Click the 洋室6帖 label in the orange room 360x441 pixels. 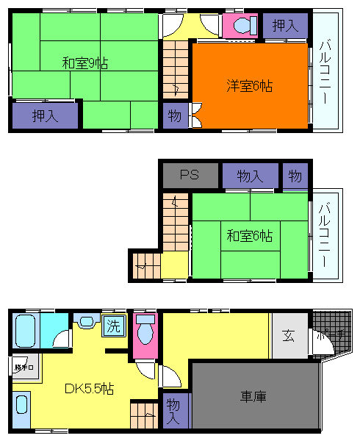click(x=249, y=86)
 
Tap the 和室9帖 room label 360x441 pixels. click(x=84, y=63)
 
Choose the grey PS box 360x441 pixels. click(x=190, y=176)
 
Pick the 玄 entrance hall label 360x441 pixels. click(x=288, y=336)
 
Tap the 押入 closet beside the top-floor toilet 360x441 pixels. click(x=285, y=26)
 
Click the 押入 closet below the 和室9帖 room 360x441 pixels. click(x=45, y=115)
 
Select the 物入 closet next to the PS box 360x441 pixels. click(x=250, y=176)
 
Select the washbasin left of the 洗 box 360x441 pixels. click(x=86, y=322)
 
